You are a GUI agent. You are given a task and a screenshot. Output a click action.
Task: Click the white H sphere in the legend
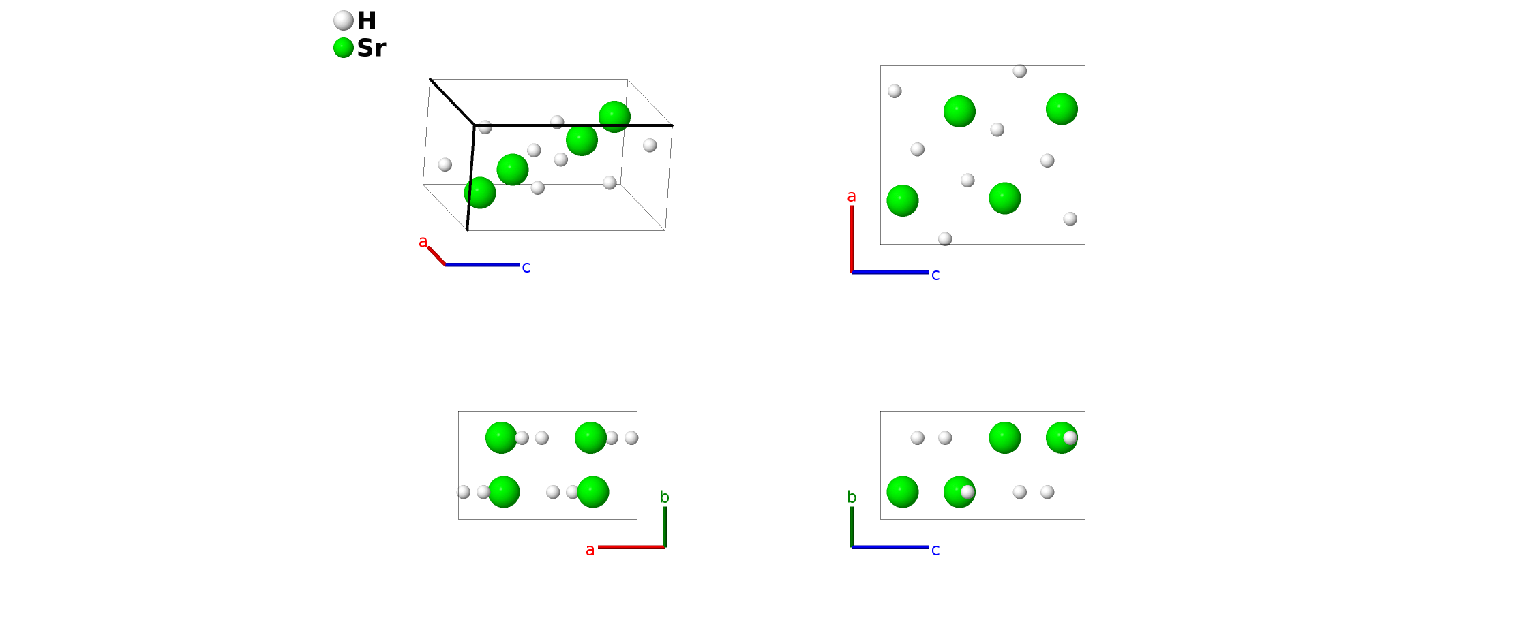(344, 20)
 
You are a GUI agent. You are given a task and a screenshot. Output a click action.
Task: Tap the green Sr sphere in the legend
(344, 48)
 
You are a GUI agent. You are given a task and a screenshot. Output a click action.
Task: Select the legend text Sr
(372, 48)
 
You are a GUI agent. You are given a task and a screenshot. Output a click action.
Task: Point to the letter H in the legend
(367, 20)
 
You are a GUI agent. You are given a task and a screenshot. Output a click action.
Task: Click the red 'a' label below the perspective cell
(423, 242)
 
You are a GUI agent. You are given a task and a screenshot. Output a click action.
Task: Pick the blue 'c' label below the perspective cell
(526, 268)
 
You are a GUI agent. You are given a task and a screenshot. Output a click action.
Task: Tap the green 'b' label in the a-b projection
(665, 497)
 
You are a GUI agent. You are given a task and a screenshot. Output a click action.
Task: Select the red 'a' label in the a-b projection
(590, 550)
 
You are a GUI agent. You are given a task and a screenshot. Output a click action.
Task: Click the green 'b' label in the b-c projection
(852, 497)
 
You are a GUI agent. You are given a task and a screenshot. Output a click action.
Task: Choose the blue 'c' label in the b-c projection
(935, 550)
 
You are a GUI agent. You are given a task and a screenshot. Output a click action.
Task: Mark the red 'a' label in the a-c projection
(852, 196)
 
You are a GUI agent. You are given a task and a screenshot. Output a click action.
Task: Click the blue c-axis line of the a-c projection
(890, 273)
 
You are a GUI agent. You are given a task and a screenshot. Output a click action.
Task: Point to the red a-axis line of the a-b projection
(631, 547)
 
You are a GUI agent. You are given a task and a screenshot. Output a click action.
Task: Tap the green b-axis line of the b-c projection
(852, 526)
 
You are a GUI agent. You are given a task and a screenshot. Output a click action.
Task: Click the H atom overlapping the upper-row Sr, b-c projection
(1070, 437)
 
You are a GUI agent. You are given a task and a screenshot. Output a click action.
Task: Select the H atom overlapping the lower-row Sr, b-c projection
(967, 492)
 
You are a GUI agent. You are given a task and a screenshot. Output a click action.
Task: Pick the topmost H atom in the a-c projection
(1020, 71)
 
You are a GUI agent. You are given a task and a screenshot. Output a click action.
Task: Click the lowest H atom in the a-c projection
(945, 238)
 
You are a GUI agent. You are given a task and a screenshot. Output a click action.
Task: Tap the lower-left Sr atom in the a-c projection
(903, 200)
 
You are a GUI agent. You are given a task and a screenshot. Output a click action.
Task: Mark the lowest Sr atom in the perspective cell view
(480, 193)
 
